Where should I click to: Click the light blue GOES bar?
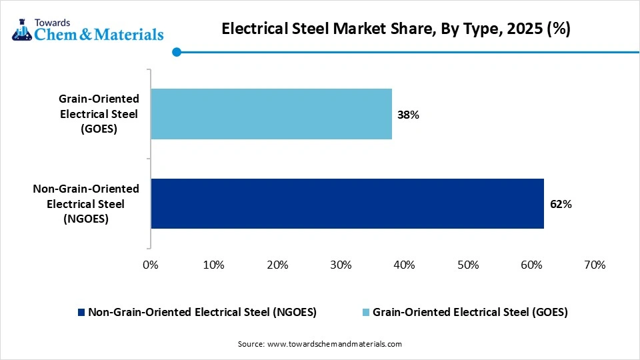coord(271,114)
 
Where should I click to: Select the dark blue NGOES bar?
coord(347,203)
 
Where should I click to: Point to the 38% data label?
coord(408,115)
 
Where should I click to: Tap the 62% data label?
coord(561,204)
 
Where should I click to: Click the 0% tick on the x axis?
coord(151,265)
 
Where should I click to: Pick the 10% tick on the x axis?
coord(213,265)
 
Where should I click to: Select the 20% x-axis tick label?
coord(277,265)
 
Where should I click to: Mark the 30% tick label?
coord(341,265)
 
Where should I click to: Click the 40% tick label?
coord(404,265)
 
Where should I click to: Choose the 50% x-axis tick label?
coord(467,265)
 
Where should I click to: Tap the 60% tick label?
coord(531,265)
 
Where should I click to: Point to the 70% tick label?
coord(595,265)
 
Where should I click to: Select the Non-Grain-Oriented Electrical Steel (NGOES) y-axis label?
coord(86,203)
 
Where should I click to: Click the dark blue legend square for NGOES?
coord(82,312)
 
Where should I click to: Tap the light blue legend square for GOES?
coord(366,312)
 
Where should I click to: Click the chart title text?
coord(395,29)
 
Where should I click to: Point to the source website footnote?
coord(320,344)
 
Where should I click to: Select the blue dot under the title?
coord(176,52)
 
